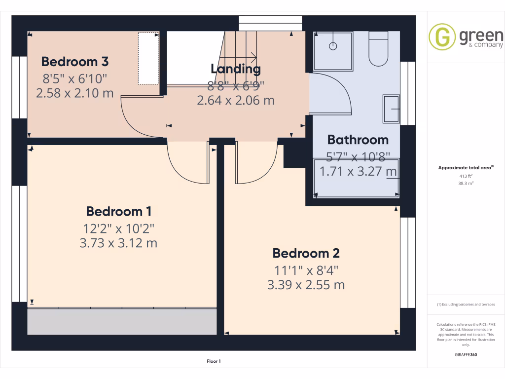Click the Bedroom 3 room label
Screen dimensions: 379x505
tap(75, 62)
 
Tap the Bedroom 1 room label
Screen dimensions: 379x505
tap(118, 212)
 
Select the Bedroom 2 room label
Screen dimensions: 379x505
tap(306, 254)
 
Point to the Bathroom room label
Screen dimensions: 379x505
tap(358, 140)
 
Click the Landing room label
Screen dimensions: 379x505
tap(235, 69)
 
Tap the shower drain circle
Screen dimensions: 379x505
tap(333, 46)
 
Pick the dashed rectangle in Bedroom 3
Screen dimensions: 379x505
tap(148, 58)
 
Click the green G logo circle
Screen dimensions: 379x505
tap(441, 37)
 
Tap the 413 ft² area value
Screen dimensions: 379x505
tap(466, 176)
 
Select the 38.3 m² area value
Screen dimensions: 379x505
tap(466, 183)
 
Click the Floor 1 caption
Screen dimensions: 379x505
tap(214, 361)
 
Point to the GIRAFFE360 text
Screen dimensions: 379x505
tap(466, 354)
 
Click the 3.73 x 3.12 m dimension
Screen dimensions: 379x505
tap(118, 243)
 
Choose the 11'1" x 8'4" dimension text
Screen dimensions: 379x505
tap(306, 270)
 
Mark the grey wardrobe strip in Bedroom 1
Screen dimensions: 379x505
tap(121, 322)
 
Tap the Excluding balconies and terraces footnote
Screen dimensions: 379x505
tap(466, 304)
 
